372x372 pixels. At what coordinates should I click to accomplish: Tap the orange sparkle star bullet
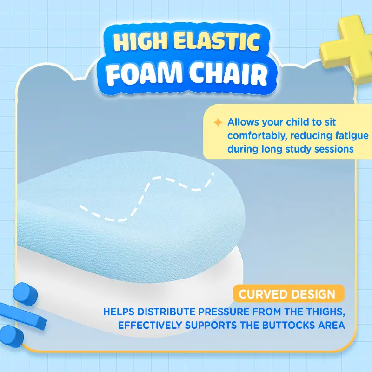(218, 122)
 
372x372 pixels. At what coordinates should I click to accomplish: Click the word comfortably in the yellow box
(257, 136)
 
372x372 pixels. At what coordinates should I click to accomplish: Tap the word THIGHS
(326, 312)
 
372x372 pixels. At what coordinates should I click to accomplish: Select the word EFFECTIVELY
(150, 325)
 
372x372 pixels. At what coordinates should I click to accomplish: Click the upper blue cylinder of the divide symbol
(25, 294)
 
